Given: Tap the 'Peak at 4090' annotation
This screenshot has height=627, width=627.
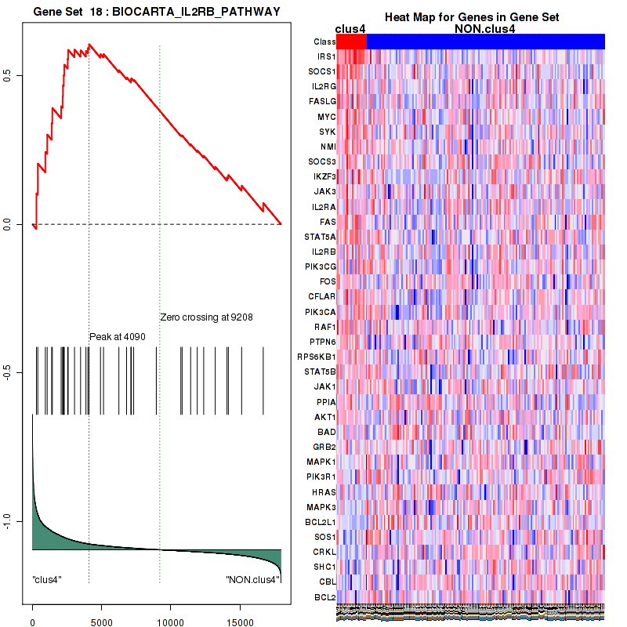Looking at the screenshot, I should click(118, 337).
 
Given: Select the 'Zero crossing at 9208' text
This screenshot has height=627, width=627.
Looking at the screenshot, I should click(206, 317).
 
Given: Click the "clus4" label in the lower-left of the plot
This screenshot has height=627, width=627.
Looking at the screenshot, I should click(47, 579).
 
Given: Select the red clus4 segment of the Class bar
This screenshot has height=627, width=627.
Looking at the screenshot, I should click(351, 42).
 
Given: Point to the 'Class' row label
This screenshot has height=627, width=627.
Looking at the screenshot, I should click(324, 42).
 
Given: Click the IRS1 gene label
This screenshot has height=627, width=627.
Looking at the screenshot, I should click(326, 57).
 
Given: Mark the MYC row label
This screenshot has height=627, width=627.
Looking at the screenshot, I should click(326, 117).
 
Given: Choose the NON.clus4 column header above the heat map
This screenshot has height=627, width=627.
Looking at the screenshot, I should click(484, 30).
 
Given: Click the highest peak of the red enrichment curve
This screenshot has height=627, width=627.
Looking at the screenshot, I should click(90, 45).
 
